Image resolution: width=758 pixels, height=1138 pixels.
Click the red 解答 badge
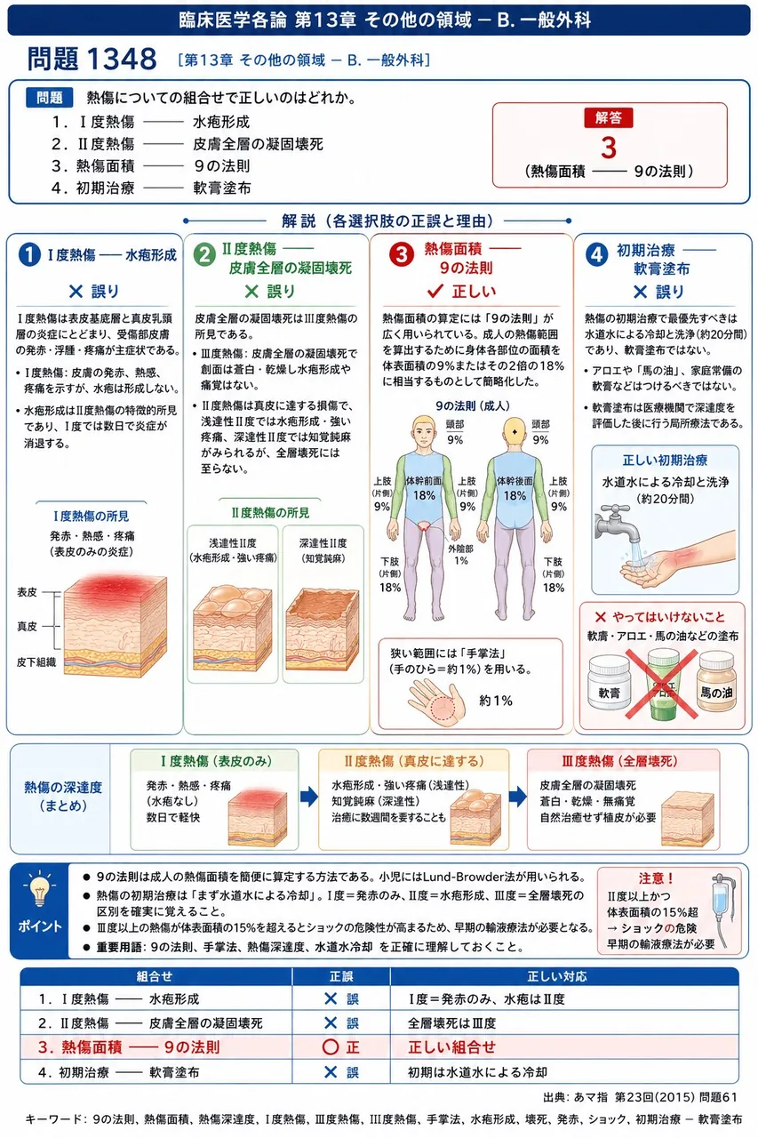point(608,118)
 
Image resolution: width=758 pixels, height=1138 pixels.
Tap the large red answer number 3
point(608,148)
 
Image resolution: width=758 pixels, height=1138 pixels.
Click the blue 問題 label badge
point(49,98)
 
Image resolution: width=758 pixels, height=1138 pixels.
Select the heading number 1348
point(122,59)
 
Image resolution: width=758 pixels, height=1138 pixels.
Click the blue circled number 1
point(29,254)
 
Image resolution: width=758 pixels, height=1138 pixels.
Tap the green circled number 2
point(204,255)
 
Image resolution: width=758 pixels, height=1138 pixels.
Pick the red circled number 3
point(401,254)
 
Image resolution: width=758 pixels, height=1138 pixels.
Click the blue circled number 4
point(597,255)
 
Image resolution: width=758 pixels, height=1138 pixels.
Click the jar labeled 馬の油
point(716,684)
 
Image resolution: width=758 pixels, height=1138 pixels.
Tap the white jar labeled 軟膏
point(609,684)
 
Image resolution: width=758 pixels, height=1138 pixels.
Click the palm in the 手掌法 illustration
point(436,702)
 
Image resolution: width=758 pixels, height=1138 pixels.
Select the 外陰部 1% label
point(460,554)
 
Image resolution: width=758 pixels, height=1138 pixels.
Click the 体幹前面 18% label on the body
point(423,488)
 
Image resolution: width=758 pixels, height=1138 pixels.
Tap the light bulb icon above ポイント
point(39,888)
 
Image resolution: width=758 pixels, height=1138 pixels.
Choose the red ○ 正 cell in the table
point(340,1047)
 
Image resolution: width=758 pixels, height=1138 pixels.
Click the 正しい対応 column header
point(557,976)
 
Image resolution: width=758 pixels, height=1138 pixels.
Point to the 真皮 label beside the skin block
point(27,626)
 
